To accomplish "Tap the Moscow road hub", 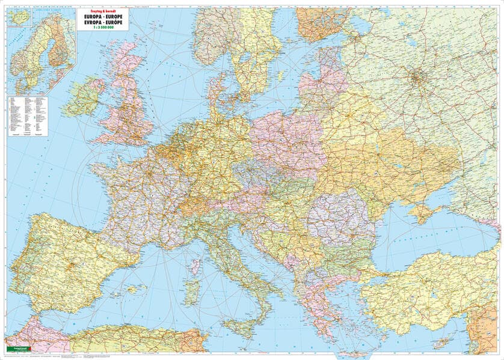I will pos(416,76).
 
